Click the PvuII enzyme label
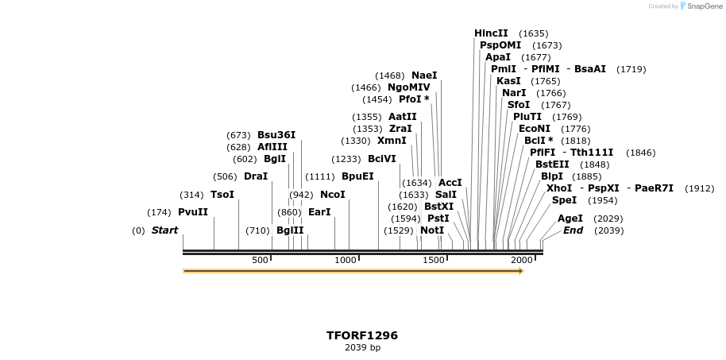[193, 212]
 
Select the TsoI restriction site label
[222, 195]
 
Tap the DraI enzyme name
[256, 176]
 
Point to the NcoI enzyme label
[333, 195]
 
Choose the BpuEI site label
[357, 176]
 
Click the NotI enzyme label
[432, 230]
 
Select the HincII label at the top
[491, 33]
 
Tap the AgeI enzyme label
[570, 219]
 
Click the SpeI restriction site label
[564, 200]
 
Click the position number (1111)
[320, 176]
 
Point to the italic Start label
[165, 230]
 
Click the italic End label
[573, 230]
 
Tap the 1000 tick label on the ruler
[346, 261]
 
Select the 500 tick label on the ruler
[260, 261]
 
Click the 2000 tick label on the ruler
[521, 261]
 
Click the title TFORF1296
[362, 335]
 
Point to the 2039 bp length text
[362, 348]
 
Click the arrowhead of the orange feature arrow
[521, 271]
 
